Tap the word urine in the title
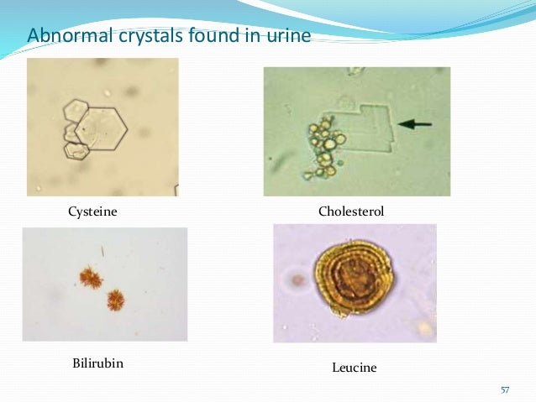click(288, 36)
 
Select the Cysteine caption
click(92, 212)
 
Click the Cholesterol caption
click(351, 212)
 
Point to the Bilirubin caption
click(92, 363)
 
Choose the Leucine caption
click(355, 368)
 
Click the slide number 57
click(505, 390)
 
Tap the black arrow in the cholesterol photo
click(414, 124)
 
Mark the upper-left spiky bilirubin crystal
click(90, 276)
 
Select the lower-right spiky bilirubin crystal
click(115, 299)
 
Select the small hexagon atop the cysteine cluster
click(77, 109)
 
